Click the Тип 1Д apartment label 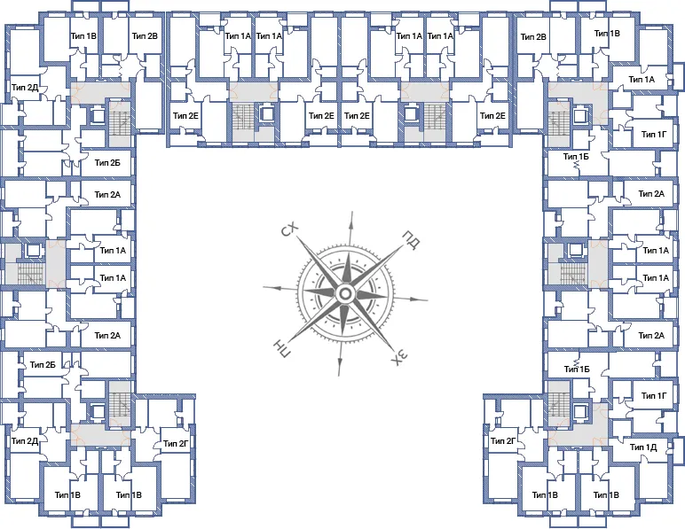(x=643, y=447)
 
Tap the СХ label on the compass (x=289, y=229)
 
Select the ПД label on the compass (x=411, y=240)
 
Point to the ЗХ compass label (x=399, y=358)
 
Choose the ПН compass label (x=281, y=348)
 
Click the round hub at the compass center (x=345, y=293)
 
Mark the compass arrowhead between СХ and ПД (x=350, y=218)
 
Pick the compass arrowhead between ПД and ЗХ (x=421, y=300)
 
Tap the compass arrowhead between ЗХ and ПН (x=340, y=370)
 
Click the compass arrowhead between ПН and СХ (x=270, y=288)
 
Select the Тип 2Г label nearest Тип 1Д (x=503, y=441)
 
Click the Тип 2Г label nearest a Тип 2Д (x=176, y=444)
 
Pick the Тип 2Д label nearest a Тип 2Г (x=25, y=441)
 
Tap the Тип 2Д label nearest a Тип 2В (x=25, y=88)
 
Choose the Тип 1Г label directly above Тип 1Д (x=654, y=395)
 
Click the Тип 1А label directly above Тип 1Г (x=642, y=80)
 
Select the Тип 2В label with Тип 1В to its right (x=533, y=37)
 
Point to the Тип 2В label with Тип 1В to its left (x=145, y=35)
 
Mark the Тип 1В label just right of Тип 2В (x=607, y=34)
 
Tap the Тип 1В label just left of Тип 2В (x=84, y=35)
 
